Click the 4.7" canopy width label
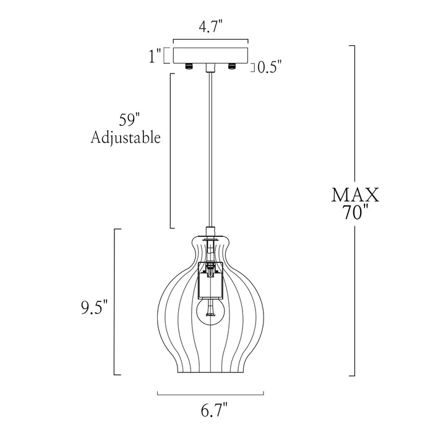coord(211,27)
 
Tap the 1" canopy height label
coord(155,57)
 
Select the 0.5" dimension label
coord(270,67)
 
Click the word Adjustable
coord(126,137)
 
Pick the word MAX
coord(355,195)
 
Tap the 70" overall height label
coord(356,212)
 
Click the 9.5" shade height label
coord(94,308)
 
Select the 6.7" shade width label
coord(214,411)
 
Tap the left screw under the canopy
coord(189,66)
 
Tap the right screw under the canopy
coord(231,66)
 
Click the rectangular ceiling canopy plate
coord(210,56)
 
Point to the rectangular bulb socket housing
coord(210,280)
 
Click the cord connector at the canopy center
coord(210,68)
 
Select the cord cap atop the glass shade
coord(210,232)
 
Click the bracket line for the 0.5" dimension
coord(252,67)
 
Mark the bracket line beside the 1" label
coord(166,56)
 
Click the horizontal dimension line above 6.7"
coord(210,395)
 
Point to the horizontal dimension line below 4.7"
coord(210,39)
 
